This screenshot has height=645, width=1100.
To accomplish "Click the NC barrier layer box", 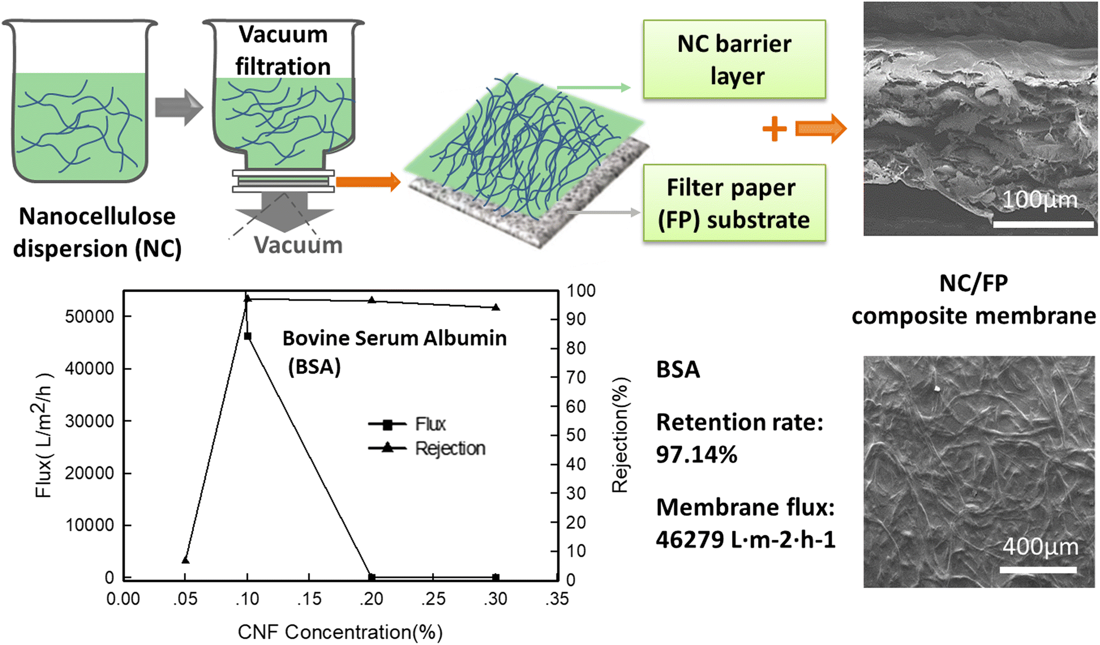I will (x=734, y=60).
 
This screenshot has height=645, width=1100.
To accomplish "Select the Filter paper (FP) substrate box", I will (x=734, y=203).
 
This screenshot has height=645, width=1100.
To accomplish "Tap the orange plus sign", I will (x=774, y=129).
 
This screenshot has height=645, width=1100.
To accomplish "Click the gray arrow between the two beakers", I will (x=179, y=107).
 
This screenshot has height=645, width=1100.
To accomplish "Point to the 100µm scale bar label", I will (x=1040, y=200).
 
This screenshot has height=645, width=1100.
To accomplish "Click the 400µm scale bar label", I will (x=1040, y=547).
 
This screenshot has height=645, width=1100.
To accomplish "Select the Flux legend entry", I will (x=430, y=424).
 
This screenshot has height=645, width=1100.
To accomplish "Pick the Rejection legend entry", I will (x=449, y=448).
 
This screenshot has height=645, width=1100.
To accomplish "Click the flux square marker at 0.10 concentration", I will (x=248, y=336).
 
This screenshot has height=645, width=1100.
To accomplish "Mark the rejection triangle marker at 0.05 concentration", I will (x=186, y=560).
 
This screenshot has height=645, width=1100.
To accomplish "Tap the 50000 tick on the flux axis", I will (x=90, y=317).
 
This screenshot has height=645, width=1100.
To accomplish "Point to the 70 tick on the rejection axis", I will (x=576, y=377).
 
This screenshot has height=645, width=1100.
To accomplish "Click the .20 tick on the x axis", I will (x=371, y=599).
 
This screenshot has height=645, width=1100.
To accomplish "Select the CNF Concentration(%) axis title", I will (x=340, y=632).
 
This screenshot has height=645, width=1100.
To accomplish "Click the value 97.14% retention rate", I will (x=696, y=455).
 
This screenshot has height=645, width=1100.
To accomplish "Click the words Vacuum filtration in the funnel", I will (x=283, y=51).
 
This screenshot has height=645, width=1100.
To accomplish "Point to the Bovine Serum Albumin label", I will (x=394, y=338).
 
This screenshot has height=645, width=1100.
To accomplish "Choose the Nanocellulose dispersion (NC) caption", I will (x=97, y=232).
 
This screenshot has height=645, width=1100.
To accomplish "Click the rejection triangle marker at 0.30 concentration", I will (x=496, y=307).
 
